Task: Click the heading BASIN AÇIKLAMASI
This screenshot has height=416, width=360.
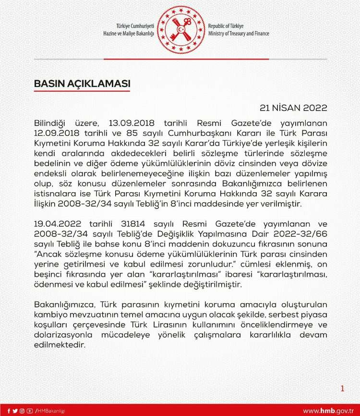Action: (x=82, y=84)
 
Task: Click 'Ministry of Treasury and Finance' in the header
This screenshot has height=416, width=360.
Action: (x=239, y=34)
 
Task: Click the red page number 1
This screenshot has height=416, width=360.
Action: (x=342, y=389)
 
